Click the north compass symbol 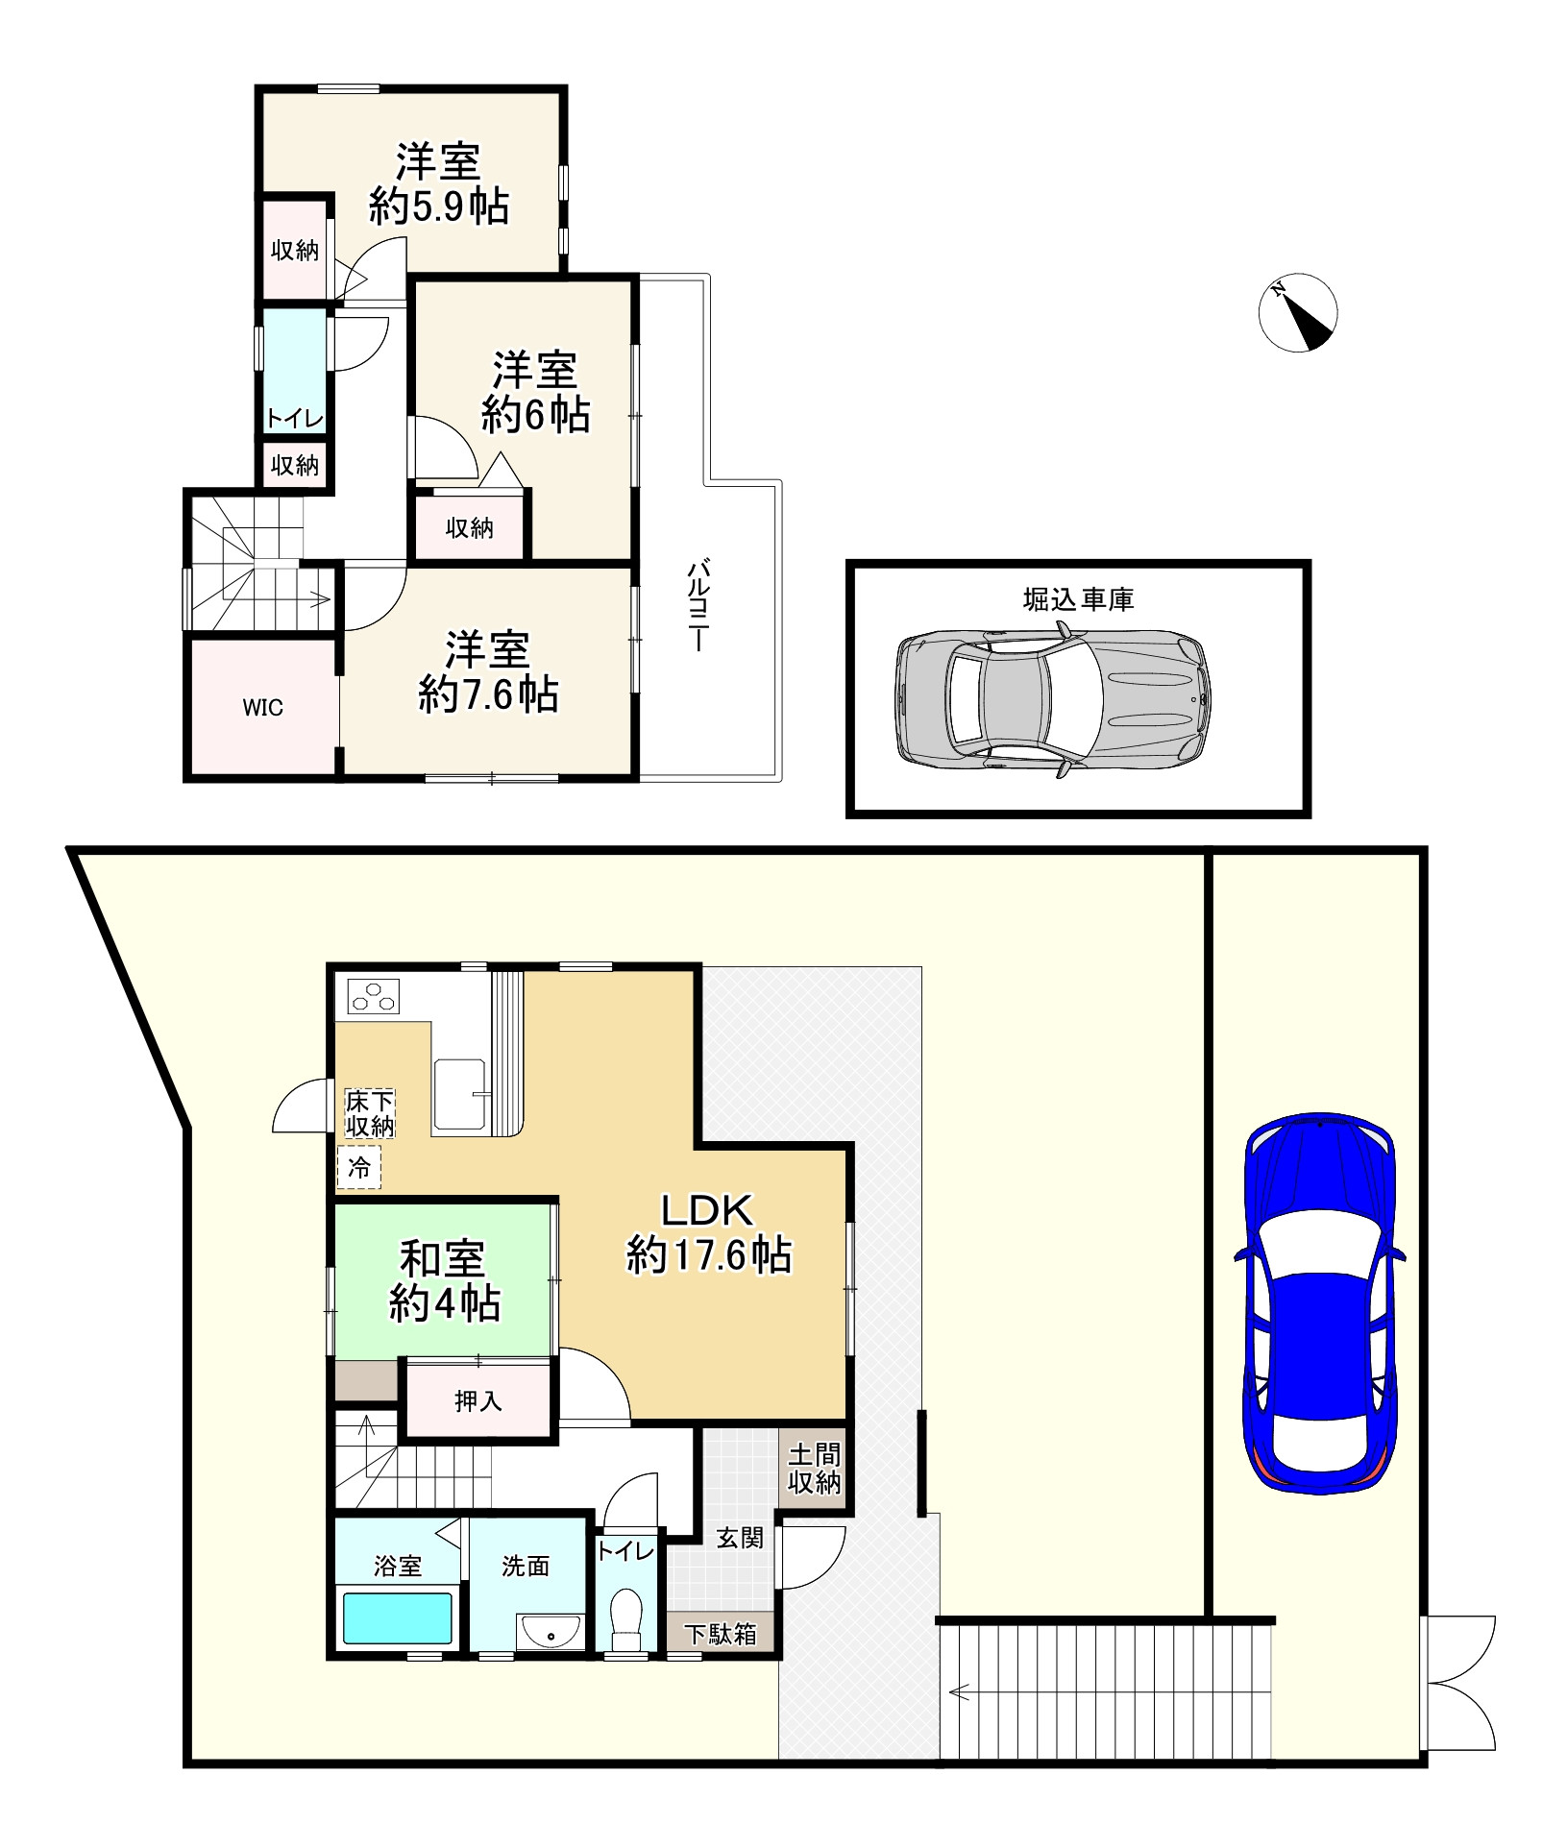coord(1297,313)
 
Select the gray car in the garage coord(1053,698)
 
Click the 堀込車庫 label coord(1078,599)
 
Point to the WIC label coord(262,708)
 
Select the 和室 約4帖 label coord(443,1281)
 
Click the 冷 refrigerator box coord(359,1168)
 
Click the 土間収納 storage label coord(814,1469)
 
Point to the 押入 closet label coord(477,1401)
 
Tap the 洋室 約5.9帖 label coord(439,184)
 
